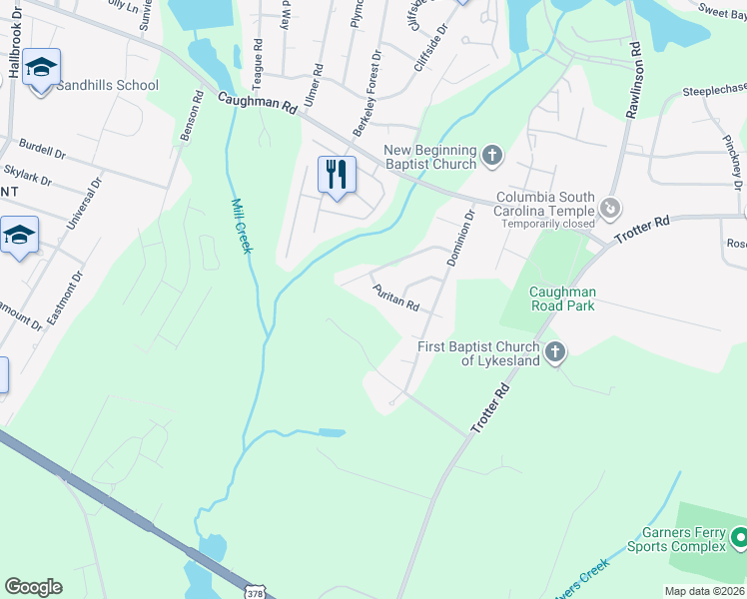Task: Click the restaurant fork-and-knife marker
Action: pos(337,175)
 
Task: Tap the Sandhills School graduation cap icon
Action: pos(41,68)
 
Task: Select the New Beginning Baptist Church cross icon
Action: pos(490,155)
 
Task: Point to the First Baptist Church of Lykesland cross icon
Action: pos(555,351)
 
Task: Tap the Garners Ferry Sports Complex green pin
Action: pos(740,539)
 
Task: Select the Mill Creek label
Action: pos(239,226)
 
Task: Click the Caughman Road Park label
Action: pos(548,299)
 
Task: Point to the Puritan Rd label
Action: pos(395,298)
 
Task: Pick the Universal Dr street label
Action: pos(85,205)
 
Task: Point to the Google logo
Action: pos(33,587)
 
